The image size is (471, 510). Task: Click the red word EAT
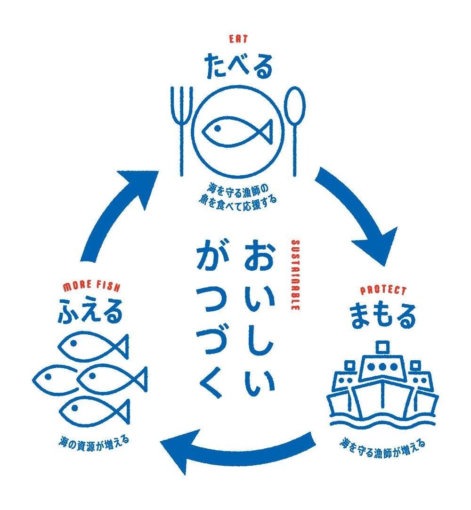pos(238,40)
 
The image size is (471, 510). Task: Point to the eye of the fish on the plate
pos(217,128)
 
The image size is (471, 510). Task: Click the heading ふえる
pos(90,312)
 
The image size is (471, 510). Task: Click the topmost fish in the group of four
pos(92,348)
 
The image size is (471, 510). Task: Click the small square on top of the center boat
pos(382,347)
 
